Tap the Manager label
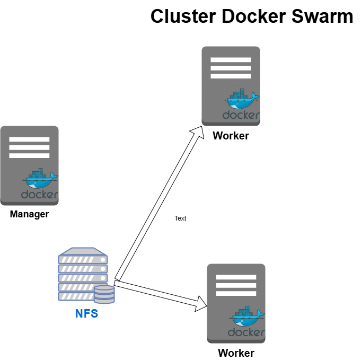point(29,215)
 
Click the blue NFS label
point(86,313)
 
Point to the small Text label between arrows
point(180,218)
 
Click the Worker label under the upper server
point(231,136)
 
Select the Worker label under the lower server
point(236,353)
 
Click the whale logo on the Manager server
point(40,179)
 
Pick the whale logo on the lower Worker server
point(247,317)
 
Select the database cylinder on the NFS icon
point(104,294)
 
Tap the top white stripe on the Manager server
point(29,139)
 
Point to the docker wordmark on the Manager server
point(40,195)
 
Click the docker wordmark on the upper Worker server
point(241,115)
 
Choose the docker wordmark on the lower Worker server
point(246,332)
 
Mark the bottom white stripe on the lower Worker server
point(236,293)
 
